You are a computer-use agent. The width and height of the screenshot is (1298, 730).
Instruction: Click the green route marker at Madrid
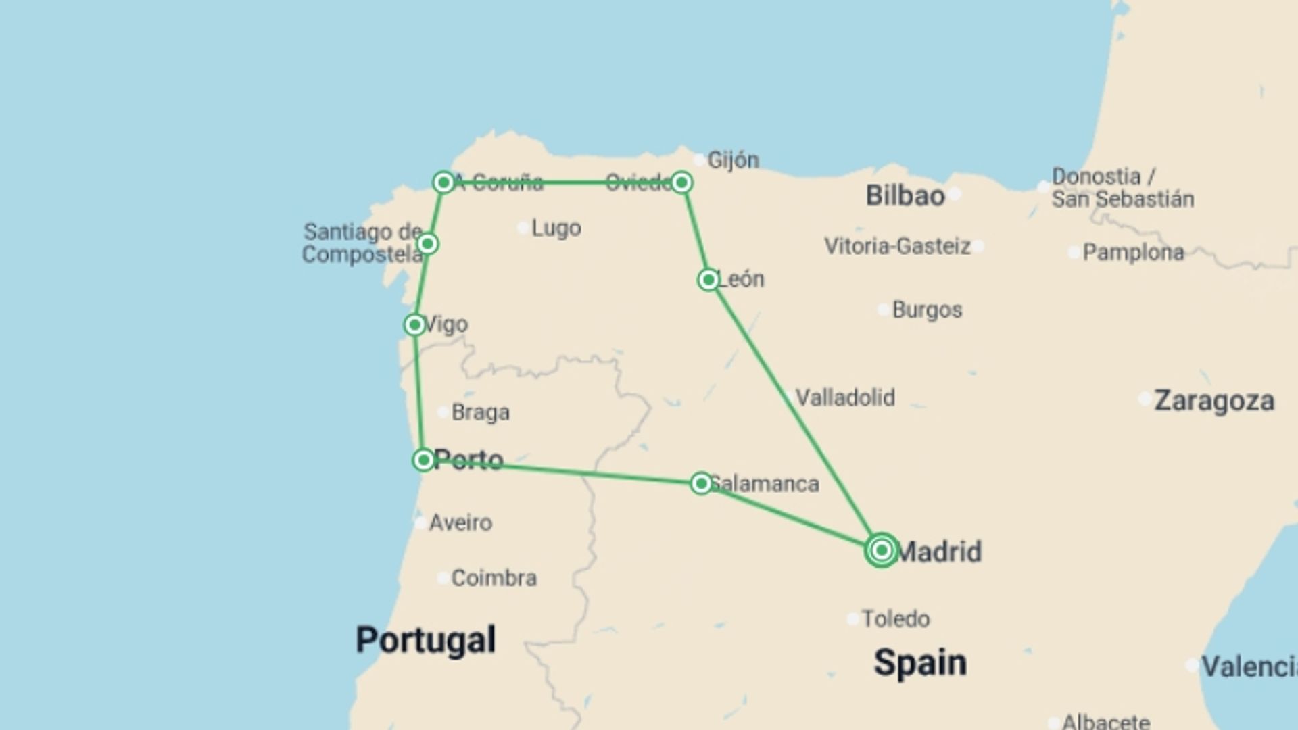(881, 550)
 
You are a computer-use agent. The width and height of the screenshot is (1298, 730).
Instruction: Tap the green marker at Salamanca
(701, 483)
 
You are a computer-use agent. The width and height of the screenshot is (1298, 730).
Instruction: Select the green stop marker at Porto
(423, 460)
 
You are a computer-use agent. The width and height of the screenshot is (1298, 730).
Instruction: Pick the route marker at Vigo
(414, 325)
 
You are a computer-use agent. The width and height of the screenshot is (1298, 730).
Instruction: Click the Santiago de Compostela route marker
(427, 243)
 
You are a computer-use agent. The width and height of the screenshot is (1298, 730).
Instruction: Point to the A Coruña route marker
(443, 182)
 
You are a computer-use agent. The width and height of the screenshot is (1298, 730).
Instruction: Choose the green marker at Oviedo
(681, 182)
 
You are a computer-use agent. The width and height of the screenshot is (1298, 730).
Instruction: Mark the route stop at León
(708, 279)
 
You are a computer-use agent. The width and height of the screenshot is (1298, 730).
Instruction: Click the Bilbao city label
(905, 196)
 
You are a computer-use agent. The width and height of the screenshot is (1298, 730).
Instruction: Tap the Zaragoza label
(1213, 401)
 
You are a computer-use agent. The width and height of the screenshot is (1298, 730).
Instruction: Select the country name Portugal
(425, 639)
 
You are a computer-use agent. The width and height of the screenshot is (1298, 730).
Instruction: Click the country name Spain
(919, 662)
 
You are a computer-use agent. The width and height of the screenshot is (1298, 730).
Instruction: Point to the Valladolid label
(845, 397)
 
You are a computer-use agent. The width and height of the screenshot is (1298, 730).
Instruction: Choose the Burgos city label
(927, 310)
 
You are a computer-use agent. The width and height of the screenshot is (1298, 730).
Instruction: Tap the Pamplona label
(1133, 253)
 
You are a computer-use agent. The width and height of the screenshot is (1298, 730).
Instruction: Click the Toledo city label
(895, 618)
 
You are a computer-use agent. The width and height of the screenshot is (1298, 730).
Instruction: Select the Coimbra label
(494, 578)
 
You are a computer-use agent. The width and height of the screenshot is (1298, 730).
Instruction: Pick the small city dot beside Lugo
(523, 228)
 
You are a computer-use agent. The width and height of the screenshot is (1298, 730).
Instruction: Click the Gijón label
(733, 160)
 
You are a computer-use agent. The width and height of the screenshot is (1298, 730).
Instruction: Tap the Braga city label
(480, 412)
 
